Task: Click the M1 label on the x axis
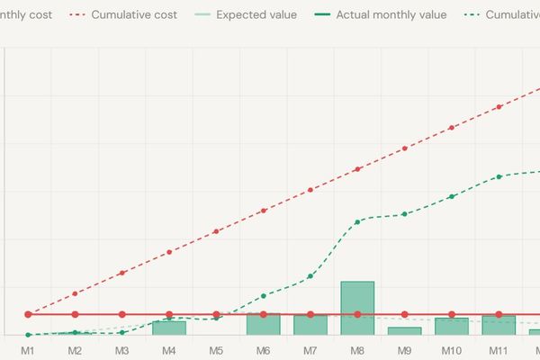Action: tap(28, 349)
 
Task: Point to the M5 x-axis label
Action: tap(216, 349)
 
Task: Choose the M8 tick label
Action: tap(357, 349)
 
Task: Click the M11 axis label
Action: tap(499, 349)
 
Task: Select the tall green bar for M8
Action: tap(357, 308)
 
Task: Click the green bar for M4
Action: tap(169, 328)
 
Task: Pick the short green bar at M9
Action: tap(404, 331)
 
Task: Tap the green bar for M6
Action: tap(263, 324)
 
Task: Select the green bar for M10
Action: tap(452, 326)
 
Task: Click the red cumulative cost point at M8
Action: tap(357, 169)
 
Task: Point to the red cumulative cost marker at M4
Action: tap(169, 252)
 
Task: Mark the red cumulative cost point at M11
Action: tap(499, 107)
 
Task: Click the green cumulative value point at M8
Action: tap(357, 221)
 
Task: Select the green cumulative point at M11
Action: tap(499, 176)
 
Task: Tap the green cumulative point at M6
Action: tap(263, 296)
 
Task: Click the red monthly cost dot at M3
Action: tap(122, 314)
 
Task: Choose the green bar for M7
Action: tap(310, 324)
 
